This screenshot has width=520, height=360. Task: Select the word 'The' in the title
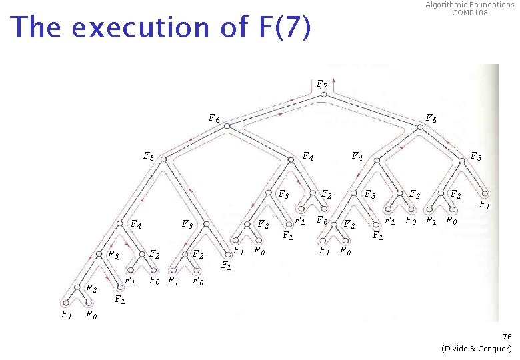(37, 28)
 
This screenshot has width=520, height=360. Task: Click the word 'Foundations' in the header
(492, 5)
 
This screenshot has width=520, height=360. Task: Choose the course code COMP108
(470, 13)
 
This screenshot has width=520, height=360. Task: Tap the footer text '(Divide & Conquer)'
(477, 349)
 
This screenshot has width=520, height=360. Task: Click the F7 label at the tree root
(321, 85)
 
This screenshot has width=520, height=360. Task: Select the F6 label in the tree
(214, 119)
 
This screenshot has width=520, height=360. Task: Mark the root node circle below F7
(323, 95)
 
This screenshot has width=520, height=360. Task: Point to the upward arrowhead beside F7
(333, 79)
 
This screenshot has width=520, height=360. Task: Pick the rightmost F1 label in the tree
(485, 206)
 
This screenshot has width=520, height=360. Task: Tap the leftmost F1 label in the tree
(66, 315)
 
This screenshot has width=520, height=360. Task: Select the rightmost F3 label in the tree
(475, 157)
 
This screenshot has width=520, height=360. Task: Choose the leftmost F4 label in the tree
(135, 225)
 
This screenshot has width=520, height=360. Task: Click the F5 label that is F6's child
(149, 157)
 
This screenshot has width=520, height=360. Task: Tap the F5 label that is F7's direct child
(431, 119)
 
